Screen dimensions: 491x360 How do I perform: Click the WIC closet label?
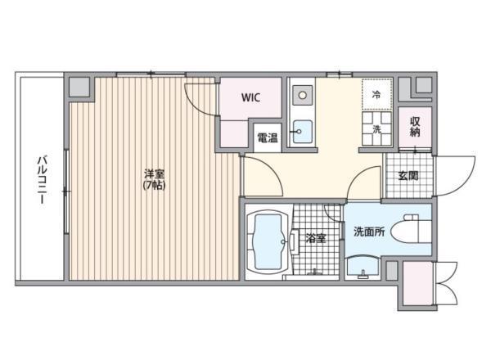click(251, 97)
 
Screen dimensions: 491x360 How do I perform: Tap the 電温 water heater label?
click(268, 137)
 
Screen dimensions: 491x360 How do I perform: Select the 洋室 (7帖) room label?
click(155, 179)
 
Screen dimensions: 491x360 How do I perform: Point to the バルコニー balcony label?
click(43, 179)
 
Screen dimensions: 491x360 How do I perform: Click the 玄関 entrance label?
click(408, 176)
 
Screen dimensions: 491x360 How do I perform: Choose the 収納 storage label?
click(415, 127)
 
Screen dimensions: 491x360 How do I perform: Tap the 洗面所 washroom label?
click(370, 232)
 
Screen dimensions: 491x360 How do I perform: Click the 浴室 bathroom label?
click(316, 239)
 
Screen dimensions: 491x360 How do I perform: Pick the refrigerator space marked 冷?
click(377, 94)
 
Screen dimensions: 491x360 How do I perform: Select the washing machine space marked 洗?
click(377, 128)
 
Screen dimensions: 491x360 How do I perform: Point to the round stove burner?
click(303, 95)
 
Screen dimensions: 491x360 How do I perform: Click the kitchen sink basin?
click(303, 132)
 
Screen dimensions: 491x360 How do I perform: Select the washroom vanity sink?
click(363, 268)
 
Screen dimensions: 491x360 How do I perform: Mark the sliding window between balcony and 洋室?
click(66, 191)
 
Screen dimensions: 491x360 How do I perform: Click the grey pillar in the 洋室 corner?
click(79, 87)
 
